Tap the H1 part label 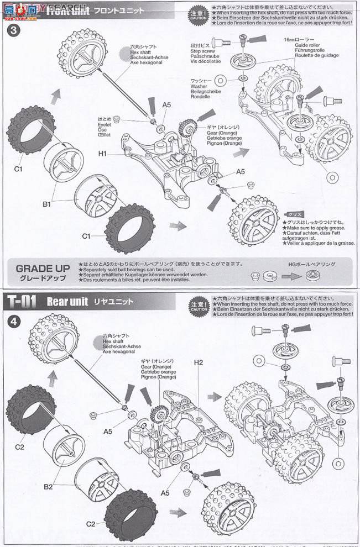102,153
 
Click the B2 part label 47,487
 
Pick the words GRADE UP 43,269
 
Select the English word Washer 200,86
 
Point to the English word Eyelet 105,124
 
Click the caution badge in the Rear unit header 198,303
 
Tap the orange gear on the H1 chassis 185,130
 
